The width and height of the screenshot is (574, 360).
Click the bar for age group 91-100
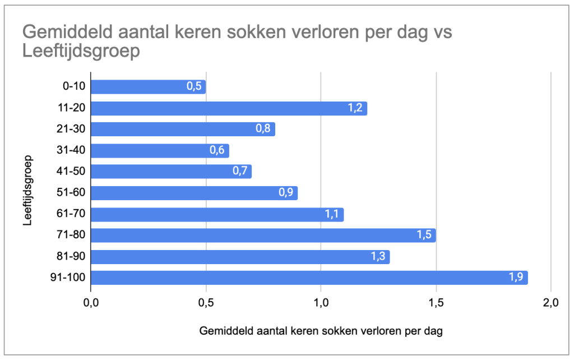308,278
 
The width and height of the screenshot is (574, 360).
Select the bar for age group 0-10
148,87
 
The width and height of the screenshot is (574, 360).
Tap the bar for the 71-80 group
262,235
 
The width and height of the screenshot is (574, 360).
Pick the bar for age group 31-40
160,150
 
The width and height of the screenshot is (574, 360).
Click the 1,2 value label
355,108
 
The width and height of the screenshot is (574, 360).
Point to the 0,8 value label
263,129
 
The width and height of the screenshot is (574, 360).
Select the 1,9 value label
516,278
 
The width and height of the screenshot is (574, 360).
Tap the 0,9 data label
286,193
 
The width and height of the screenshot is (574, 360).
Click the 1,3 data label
378,256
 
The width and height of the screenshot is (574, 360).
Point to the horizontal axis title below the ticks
321,331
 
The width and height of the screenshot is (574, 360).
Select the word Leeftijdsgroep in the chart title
81,52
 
